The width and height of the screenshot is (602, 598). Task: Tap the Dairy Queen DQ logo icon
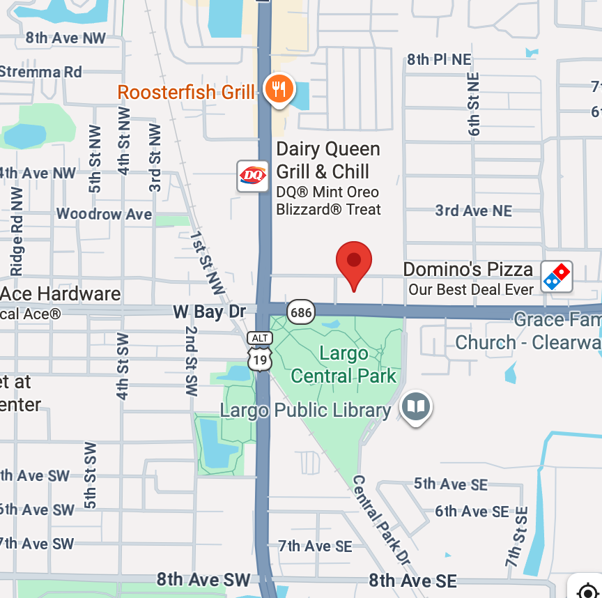[252, 176]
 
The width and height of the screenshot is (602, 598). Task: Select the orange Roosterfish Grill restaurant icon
[279, 90]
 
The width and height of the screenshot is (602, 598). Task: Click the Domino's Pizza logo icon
[557, 277]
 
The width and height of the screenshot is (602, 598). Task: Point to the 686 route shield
[301, 312]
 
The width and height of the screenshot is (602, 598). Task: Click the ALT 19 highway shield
[260, 351]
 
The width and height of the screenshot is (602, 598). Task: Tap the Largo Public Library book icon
[416, 407]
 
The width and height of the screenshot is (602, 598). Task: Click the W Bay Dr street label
[209, 312]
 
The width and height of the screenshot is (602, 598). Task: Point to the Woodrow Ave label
[104, 214]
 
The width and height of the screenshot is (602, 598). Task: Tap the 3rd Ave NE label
[473, 210]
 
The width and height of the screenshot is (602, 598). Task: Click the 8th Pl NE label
[439, 60]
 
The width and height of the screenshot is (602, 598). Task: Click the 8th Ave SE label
[412, 581]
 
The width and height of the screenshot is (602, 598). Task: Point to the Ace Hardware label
[61, 293]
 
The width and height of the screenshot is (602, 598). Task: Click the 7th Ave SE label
[315, 546]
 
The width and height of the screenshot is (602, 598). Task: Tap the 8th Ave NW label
[65, 38]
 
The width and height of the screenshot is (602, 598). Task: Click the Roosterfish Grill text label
[186, 92]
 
